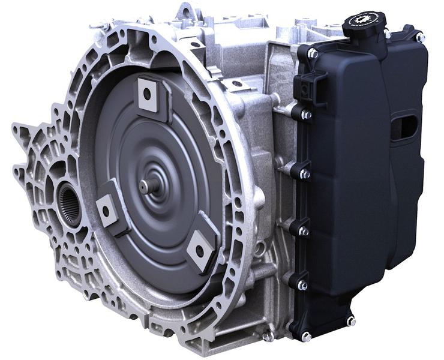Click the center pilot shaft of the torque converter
(x=146, y=186)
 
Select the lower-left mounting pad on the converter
(x=107, y=210)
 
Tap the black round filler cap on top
(x=364, y=24)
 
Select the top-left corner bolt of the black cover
(x=312, y=53)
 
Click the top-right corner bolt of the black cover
(x=421, y=37)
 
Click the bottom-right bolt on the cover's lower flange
(x=351, y=321)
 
